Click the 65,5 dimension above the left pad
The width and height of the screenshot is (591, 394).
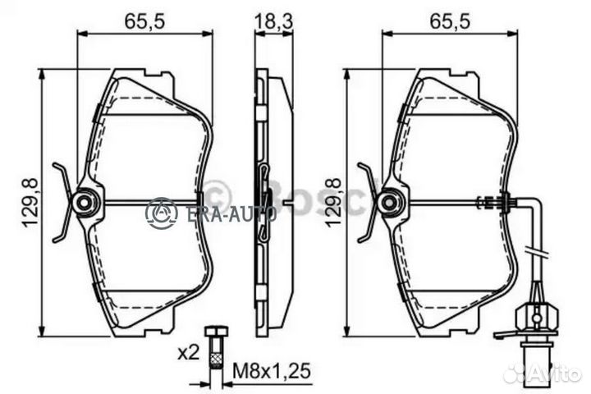144,21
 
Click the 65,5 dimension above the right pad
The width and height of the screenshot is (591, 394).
450,21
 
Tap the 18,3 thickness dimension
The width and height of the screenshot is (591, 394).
274,21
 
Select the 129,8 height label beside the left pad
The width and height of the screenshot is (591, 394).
32,203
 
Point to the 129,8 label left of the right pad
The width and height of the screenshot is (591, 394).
333,203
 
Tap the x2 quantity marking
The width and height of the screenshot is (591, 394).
189,353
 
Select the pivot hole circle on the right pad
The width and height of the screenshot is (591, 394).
389,203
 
